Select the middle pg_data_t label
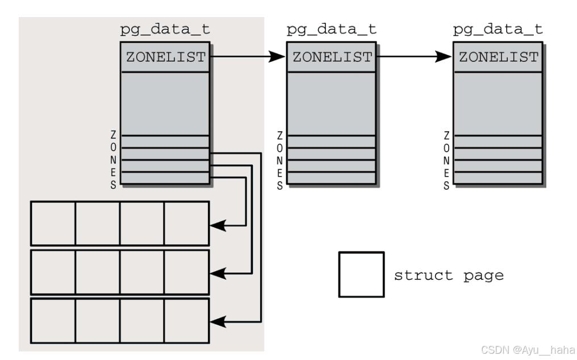[x=331, y=30]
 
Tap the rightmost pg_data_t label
[x=497, y=30]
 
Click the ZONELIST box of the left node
[x=166, y=57]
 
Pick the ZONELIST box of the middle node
[x=332, y=57]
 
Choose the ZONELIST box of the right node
[x=498, y=57]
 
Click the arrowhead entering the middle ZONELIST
[x=278, y=57]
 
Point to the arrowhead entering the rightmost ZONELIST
[x=444, y=57]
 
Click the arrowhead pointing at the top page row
[x=219, y=225]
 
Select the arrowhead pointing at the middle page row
[x=219, y=274]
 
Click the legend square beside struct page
[x=361, y=275]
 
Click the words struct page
[x=449, y=276]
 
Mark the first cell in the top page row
[x=53, y=223]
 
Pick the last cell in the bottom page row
[x=187, y=320]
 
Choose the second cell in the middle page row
[x=97, y=272]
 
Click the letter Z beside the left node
[x=114, y=136]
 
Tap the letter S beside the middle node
[x=280, y=185]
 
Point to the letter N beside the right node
[x=447, y=160]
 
